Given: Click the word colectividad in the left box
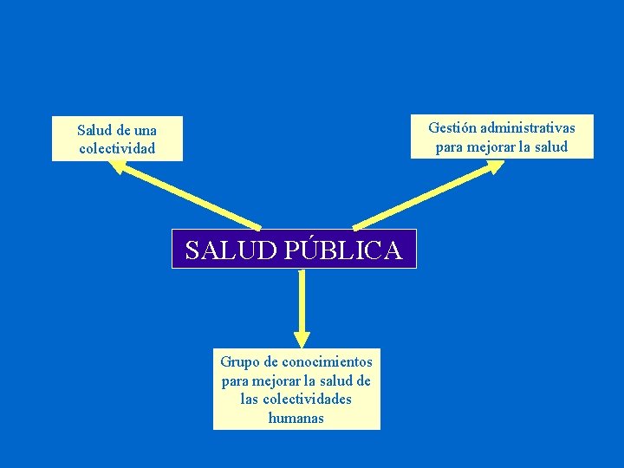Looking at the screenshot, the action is click(x=117, y=148).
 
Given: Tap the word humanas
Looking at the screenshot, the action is click(x=296, y=418).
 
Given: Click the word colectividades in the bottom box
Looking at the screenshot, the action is click(x=308, y=399).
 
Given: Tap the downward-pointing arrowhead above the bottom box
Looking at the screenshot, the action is click(x=301, y=337).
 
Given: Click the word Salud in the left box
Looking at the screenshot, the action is click(x=94, y=130).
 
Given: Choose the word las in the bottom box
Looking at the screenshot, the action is click(x=250, y=399).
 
